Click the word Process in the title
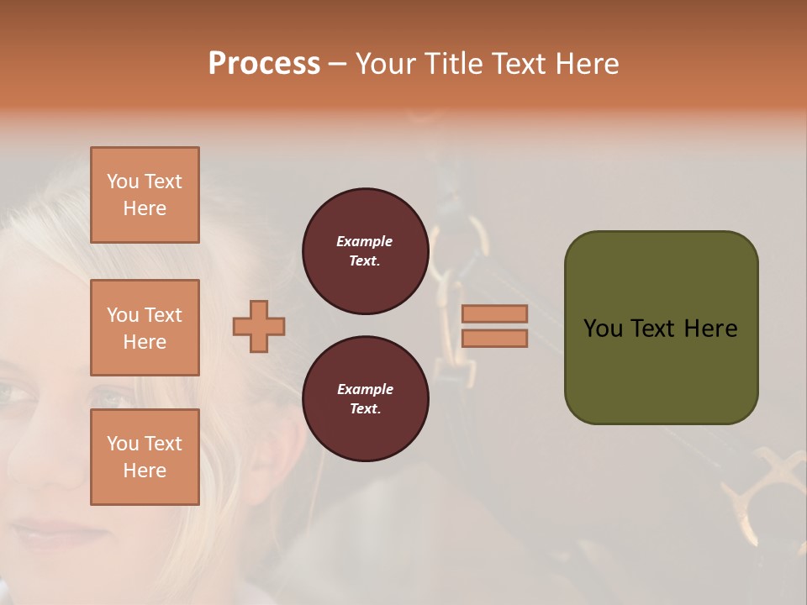pyautogui.click(x=264, y=63)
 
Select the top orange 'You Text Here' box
pyautogui.click(x=145, y=195)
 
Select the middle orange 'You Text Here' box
pyautogui.click(x=145, y=328)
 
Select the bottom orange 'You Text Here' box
pyautogui.click(x=145, y=457)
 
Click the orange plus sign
pyautogui.click(x=259, y=326)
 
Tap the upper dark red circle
pyautogui.click(x=365, y=251)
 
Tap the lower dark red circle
pyautogui.click(x=365, y=399)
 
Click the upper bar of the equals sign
pyautogui.click(x=494, y=313)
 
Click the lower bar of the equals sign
pyautogui.click(x=494, y=338)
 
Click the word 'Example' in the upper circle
pyautogui.click(x=364, y=241)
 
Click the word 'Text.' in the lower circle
pyautogui.click(x=364, y=408)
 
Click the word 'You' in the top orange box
pyautogui.click(x=123, y=181)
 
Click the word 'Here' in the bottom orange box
pyautogui.click(x=145, y=471)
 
